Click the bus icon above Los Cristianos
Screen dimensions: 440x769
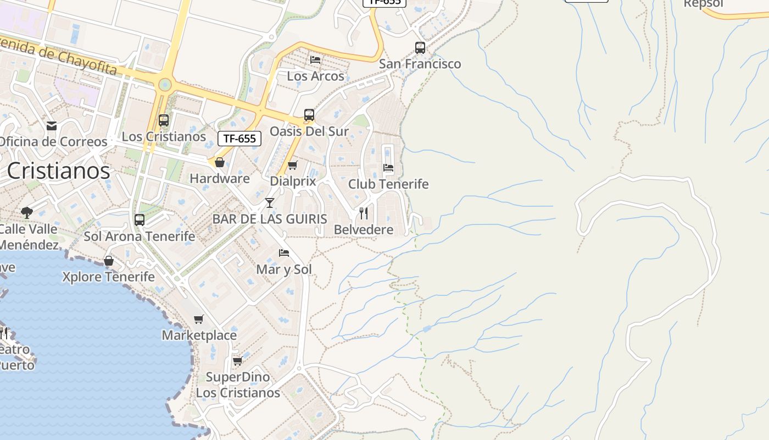point(164,120)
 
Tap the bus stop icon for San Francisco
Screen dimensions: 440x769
point(420,48)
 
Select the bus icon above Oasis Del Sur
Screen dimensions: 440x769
point(309,115)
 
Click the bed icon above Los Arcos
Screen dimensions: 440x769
point(315,59)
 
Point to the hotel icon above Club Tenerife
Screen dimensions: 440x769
point(388,167)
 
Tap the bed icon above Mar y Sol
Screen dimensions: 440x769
point(284,252)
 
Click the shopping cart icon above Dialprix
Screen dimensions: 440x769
point(293,165)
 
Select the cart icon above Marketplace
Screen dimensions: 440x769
point(199,319)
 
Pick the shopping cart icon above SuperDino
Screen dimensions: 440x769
point(238,361)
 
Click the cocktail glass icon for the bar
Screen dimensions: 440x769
point(269,203)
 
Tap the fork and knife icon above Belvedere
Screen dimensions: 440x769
point(364,213)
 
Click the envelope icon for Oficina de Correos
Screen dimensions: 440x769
point(52,126)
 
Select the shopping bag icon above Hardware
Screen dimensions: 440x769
point(220,162)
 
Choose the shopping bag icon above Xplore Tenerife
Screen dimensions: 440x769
point(109,260)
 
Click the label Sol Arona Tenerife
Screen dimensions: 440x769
point(140,237)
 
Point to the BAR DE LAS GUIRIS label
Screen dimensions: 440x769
point(270,219)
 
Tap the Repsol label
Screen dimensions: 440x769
point(703,4)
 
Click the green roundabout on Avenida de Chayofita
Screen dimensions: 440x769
point(164,85)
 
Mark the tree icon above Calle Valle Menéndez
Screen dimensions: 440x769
point(26,212)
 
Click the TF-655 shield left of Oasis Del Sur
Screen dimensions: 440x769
point(239,139)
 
